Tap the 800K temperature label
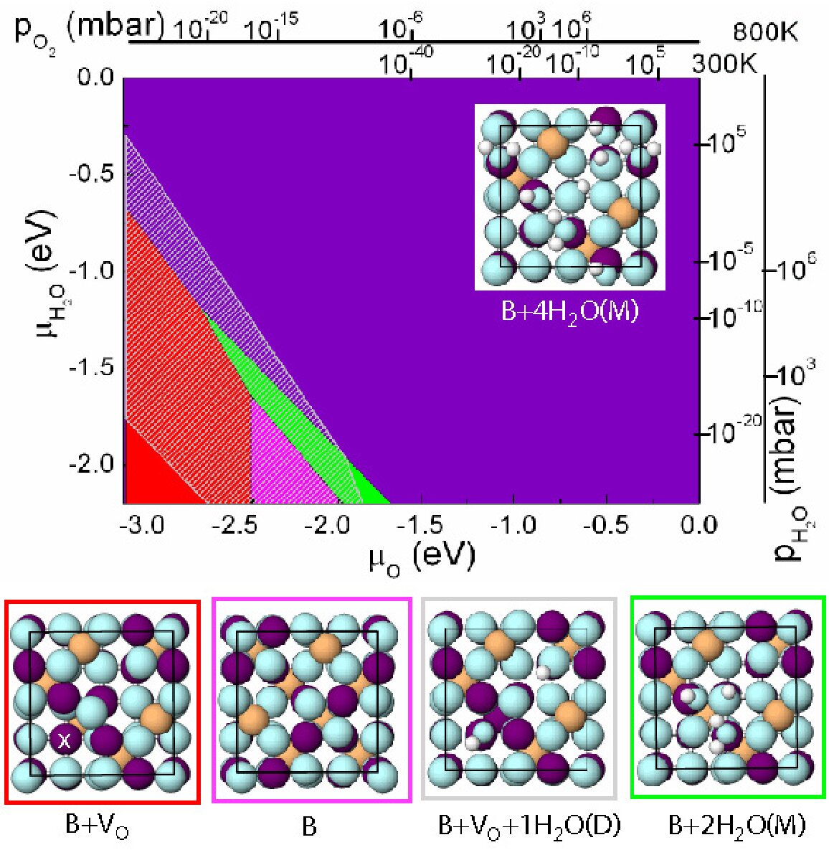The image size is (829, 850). click(766, 33)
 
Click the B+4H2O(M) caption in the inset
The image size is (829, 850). click(570, 312)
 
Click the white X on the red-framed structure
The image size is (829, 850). click(65, 740)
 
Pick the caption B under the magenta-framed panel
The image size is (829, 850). click(309, 827)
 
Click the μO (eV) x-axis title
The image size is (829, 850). click(422, 557)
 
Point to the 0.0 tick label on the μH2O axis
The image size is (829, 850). click(96, 77)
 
